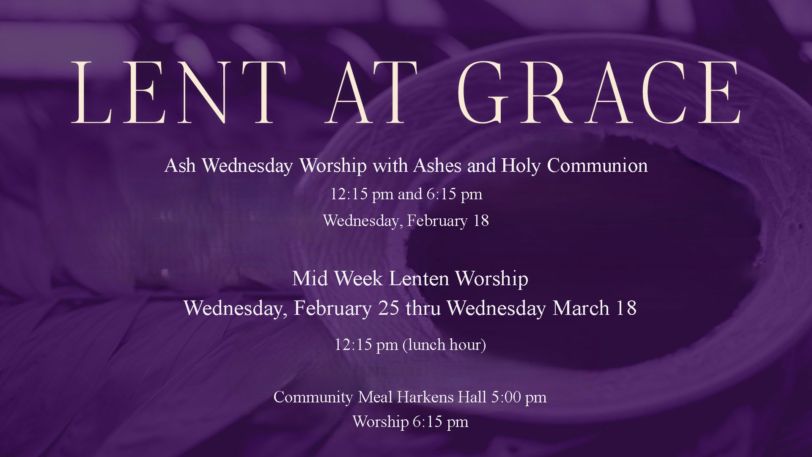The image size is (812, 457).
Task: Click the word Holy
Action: [x=521, y=165]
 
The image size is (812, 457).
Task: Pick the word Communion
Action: [x=597, y=165]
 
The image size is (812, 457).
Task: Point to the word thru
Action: [x=423, y=308]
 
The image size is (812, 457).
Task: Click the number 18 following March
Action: [x=626, y=308]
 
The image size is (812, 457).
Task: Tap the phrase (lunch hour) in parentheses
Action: [x=444, y=345]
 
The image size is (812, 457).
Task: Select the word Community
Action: [x=313, y=397]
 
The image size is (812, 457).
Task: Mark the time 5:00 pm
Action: [x=519, y=397]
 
